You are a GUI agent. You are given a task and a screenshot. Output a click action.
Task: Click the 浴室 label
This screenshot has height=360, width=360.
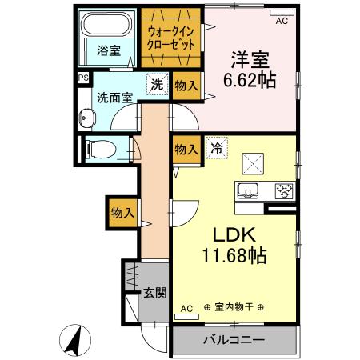click(110, 50)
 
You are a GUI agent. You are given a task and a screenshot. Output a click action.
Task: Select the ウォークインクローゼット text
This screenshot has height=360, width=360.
click(170, 37)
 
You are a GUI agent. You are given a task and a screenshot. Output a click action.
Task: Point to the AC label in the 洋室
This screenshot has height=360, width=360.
click(281, 22)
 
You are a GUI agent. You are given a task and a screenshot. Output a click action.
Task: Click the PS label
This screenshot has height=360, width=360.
click(82, 78)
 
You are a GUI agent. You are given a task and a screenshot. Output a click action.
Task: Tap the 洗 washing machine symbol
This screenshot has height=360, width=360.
click(158, 82)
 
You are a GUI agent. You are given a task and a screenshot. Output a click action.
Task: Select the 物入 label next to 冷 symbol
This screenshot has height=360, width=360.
click(186, 149)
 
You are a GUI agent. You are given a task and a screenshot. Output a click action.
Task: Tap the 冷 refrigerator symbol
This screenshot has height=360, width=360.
click(214, 147)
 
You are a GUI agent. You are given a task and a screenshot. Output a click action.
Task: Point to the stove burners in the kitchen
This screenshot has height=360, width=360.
click(283, 190)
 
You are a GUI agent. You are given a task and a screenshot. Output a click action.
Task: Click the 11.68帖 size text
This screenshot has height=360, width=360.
click(234, 256)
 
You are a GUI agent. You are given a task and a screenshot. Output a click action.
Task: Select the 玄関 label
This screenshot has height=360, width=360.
click(154, 293)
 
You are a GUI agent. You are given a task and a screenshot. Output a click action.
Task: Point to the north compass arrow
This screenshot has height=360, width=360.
click(73, 342)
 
